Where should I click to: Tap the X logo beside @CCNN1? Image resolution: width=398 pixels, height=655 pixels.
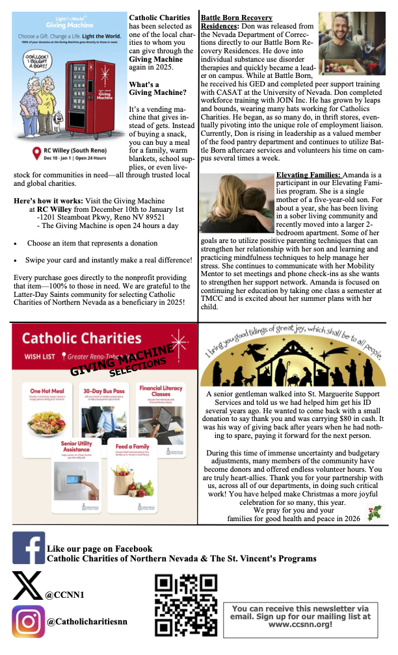27,585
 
